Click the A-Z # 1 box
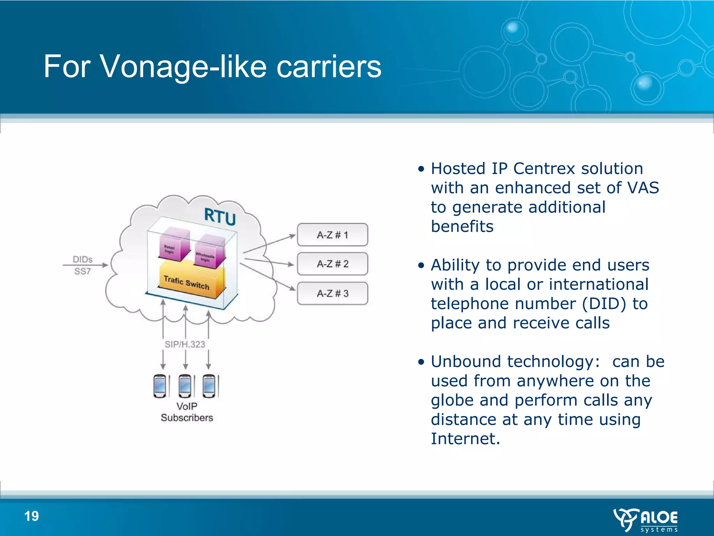(332, 235)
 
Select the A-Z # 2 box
(332, 264)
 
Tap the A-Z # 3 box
(332, 293)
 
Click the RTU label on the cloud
(220, 216)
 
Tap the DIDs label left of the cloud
(83, 259)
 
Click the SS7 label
(83, 271)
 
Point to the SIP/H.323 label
(185, 344)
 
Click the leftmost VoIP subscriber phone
(160, 386)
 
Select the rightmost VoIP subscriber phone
(209, 386)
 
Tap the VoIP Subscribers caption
(187, 412)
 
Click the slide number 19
(31, 516)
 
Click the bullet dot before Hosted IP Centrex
(421, 169)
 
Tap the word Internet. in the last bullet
(465, 439)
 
